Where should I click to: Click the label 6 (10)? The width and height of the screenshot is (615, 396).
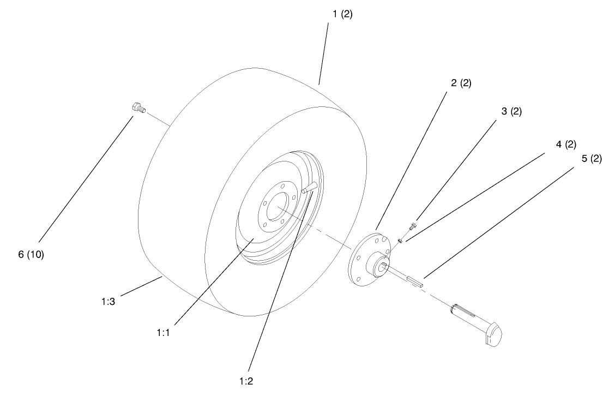pyautogui.click(x=31, y=255)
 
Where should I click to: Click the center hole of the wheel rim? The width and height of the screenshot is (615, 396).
pyautogui.click(x=279, y=208)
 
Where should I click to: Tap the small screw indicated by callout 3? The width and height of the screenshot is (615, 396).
pyautogui.click(x=414, y=224)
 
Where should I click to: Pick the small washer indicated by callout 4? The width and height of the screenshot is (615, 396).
pyautogui.click(x=401, y=239)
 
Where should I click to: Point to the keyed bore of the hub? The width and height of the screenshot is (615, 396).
pyautogui.click(x=382, y=266)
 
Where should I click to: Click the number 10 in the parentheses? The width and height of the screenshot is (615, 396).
pyautogui.click(x=35, y=255)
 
